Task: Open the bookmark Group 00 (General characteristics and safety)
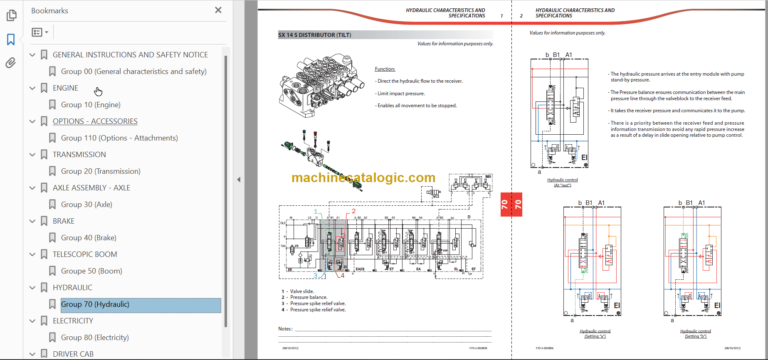coord(133,72)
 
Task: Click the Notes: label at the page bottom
coord(286,327)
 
